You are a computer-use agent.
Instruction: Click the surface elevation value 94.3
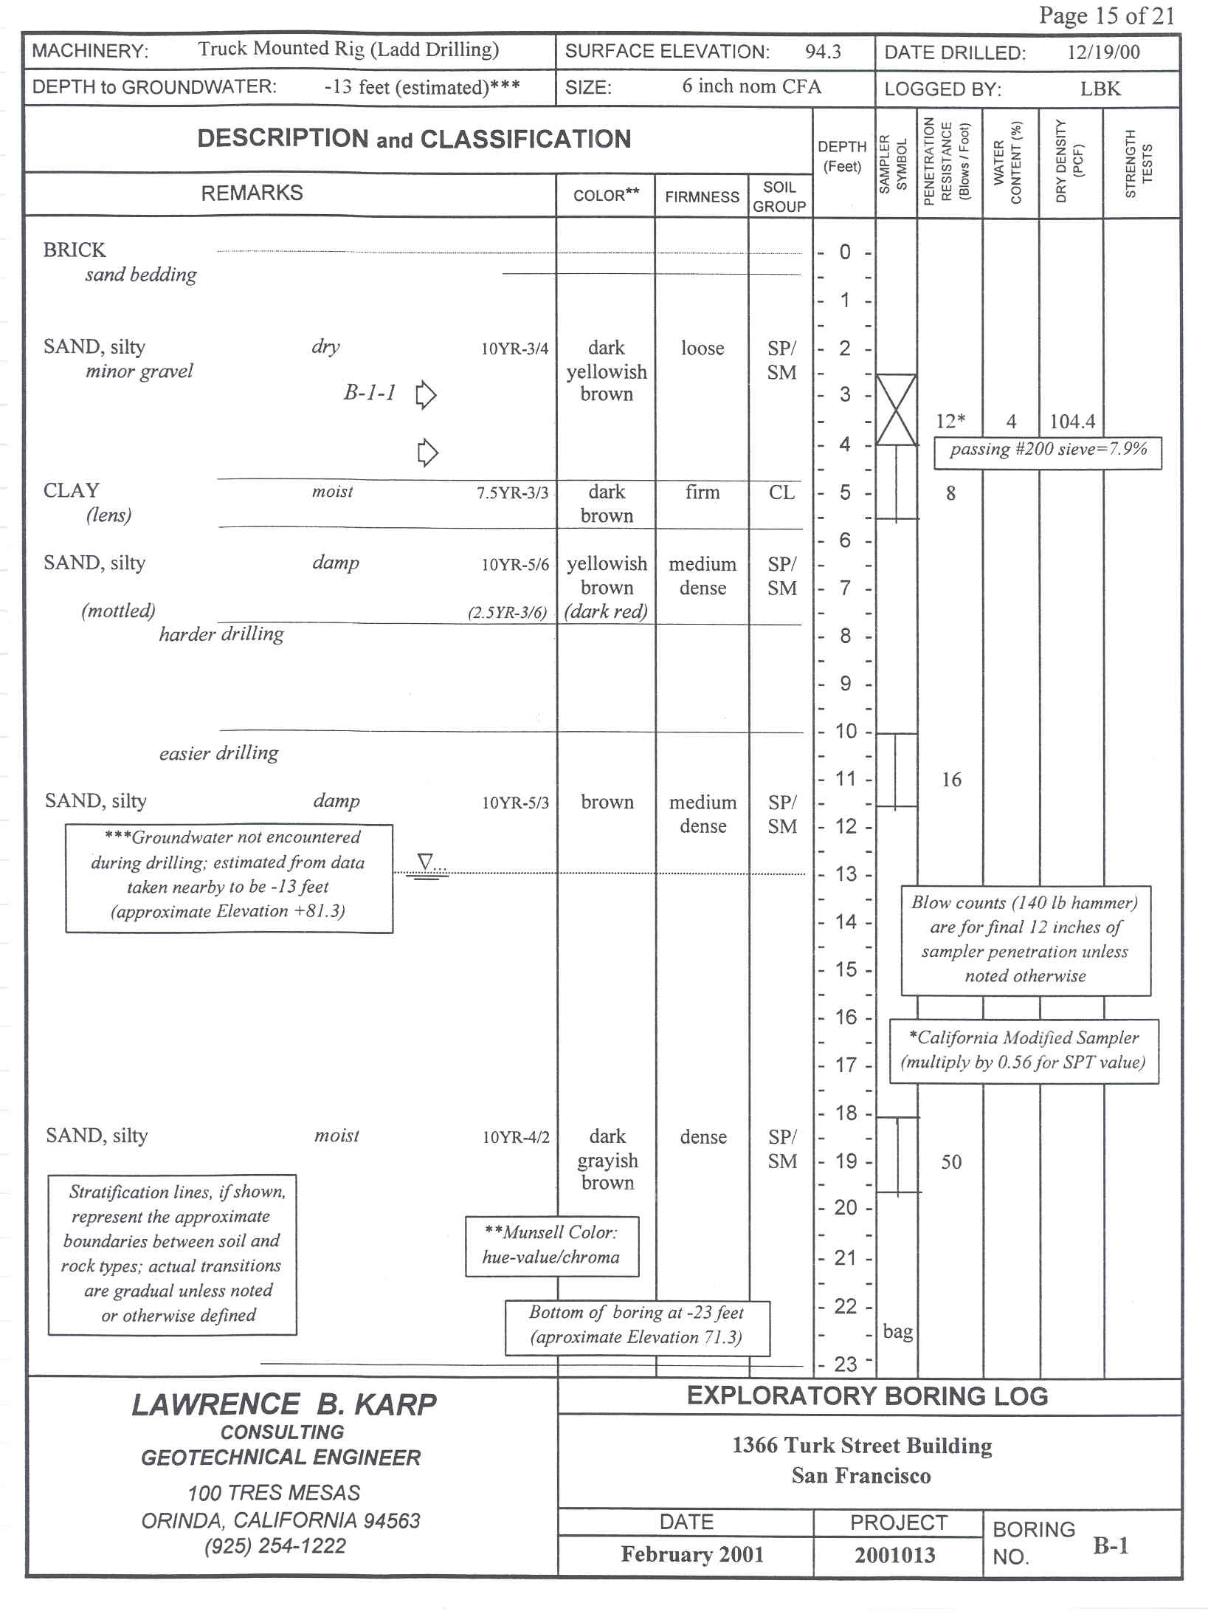[x=823, y=52]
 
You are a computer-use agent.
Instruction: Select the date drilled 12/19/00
[x=1103, y=52]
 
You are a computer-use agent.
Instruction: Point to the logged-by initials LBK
[x=1100, y=89]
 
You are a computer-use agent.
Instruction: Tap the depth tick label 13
[x=846, y=874]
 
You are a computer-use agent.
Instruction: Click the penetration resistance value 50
[x=951, y=1162]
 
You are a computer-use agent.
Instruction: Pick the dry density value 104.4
[x=1072, y=422]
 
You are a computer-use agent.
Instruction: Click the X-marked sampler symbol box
[x=896, y=411]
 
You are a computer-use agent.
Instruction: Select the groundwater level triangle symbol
[x=425, y=862]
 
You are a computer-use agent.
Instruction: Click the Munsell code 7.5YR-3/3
[x=512, y=493]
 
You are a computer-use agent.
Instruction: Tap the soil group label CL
[x=781, y=492]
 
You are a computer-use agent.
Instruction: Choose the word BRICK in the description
[x=75, y=250]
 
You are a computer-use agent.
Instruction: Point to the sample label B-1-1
[x=370, y=392]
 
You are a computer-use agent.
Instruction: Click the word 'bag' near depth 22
[x=898, y=1331]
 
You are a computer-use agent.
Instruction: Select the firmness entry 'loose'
[x=703, y=348]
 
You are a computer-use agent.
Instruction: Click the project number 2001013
[x=895, y=1555]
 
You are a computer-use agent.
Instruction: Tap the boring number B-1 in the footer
[x=1111, y=1545]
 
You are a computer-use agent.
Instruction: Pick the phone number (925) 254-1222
[x=275, y=1546]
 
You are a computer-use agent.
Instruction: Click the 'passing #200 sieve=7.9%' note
[x=1048, y=449]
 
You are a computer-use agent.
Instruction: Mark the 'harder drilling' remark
[x=221, y=634]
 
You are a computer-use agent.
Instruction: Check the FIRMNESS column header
[x=702, y=197]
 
